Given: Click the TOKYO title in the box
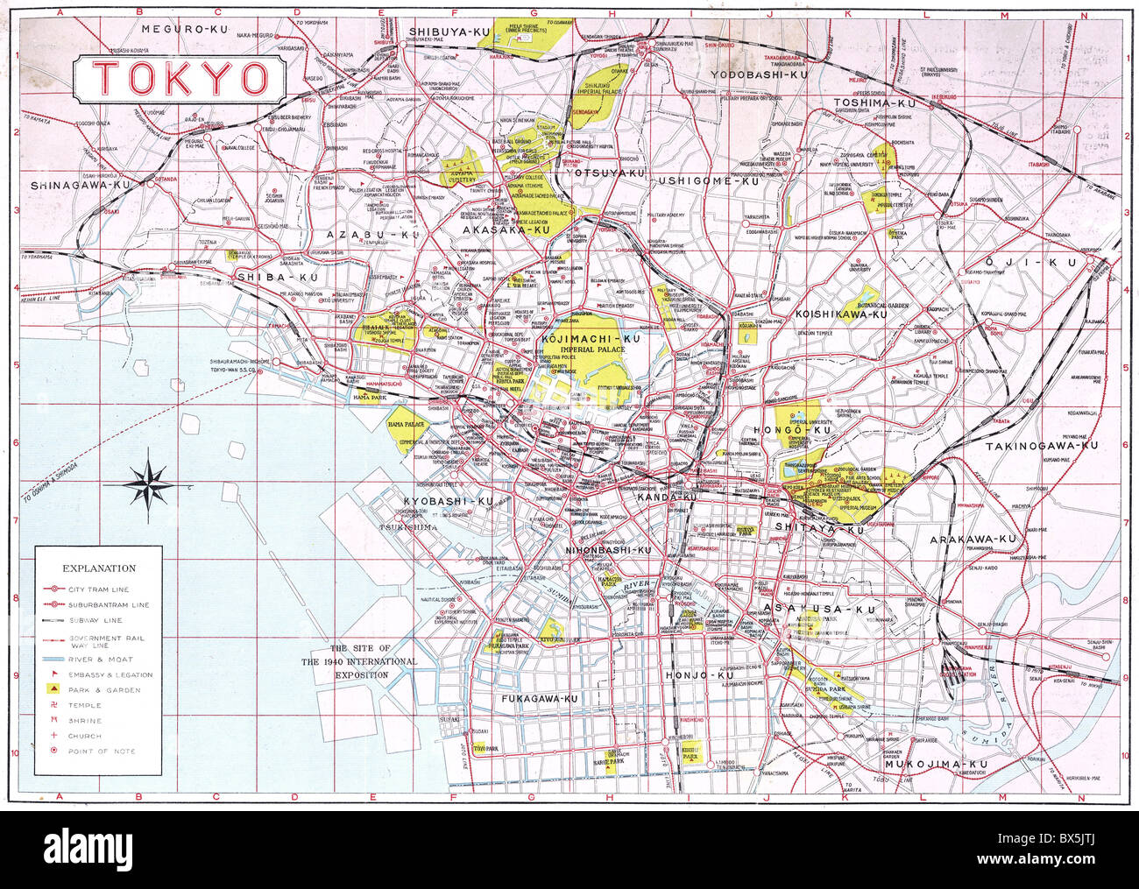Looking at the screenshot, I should tap(180, 78).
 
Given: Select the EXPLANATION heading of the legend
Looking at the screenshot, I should tap(98, 568).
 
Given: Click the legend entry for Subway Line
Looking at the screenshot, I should tap(96, 620).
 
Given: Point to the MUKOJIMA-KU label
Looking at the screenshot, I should tap(936, 765).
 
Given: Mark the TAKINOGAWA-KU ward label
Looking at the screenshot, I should tap(1041, 446).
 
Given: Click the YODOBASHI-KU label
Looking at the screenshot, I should tap(759, 75).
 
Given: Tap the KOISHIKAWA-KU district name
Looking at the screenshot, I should tap(841, 314).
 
